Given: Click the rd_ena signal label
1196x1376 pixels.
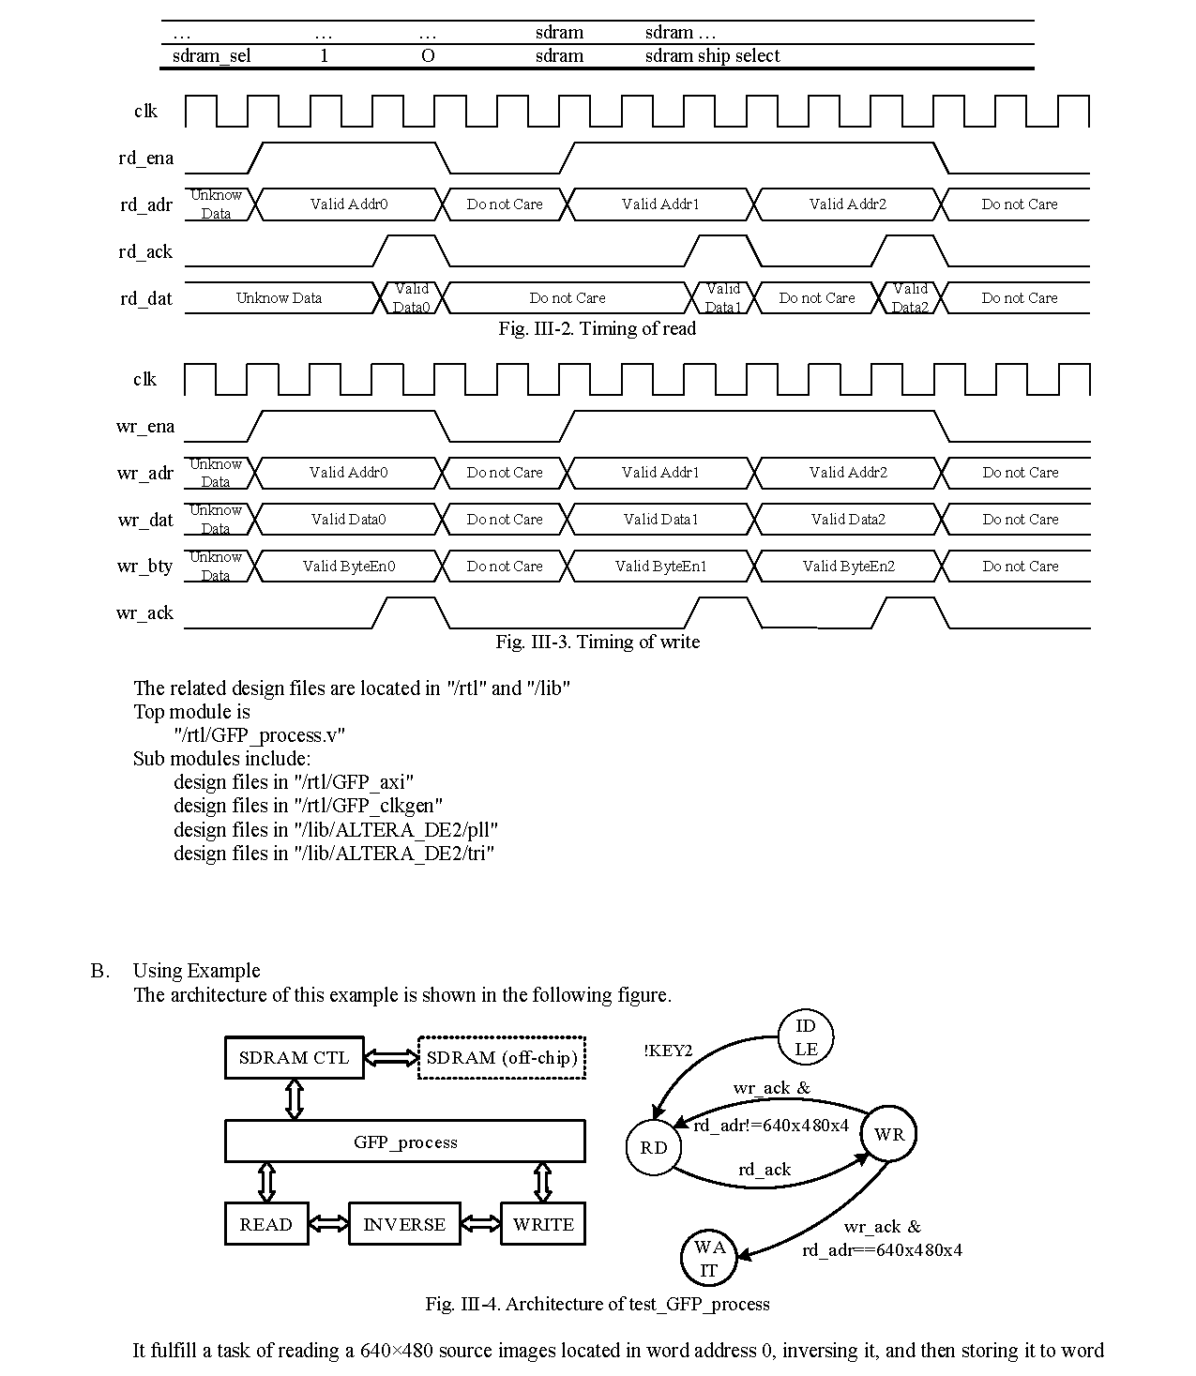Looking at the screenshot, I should (x=145, y=159).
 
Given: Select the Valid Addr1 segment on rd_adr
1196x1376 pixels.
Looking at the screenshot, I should (x=660, y=204).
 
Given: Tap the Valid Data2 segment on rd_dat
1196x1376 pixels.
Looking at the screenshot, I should (x=910, y=298).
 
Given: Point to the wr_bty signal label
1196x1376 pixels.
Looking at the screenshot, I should (x=144, y=567).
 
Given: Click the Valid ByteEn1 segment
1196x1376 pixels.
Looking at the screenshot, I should (x=660, y=567).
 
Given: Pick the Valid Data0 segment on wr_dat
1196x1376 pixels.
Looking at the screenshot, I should (x=348, y=520).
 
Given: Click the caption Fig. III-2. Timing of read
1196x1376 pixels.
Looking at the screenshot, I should (x=597, y=328).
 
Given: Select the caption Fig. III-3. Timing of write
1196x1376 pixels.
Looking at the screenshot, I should (x=597, y=642).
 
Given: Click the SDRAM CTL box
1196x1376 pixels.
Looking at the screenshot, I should (x=294, y=1058).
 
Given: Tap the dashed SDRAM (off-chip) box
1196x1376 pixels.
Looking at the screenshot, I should (x=501, y=1058).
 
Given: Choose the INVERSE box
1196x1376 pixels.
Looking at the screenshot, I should (x=404, y=1224).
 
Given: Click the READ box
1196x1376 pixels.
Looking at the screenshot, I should (x=266, y=1224).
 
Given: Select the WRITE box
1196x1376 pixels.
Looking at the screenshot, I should (x=542, y=1224).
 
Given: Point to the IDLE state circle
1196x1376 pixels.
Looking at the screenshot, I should (x=806, y=1038).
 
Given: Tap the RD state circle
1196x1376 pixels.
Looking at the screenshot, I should (x=654, y=1148).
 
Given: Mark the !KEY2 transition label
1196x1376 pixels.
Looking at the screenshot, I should (x=668, y=1051).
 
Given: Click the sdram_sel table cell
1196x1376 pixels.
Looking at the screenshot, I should (x=211, y=56).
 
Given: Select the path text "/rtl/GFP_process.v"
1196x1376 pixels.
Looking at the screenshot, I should (x=259, y=735).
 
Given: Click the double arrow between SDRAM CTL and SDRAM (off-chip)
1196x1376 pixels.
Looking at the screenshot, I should (x=390, y=1058).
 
